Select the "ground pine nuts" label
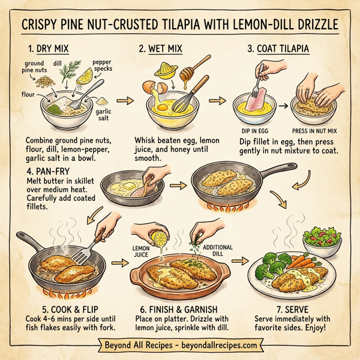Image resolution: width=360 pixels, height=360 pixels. click(35, 67)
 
